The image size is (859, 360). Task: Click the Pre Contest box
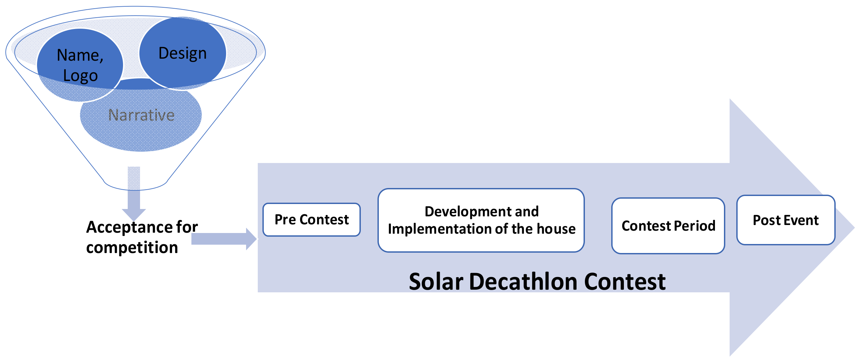(x=311, y=220)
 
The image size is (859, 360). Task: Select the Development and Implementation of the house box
(x=481, y=220)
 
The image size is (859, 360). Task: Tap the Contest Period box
(x=668, y=226)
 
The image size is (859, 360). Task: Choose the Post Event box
(x=786, y=220)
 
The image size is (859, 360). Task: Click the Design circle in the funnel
(x=182, y=53)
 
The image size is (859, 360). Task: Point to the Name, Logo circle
(x=80, y=65)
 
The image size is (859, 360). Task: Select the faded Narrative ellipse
(x=141, y=115)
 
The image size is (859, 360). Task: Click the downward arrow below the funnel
(x=134, y=193)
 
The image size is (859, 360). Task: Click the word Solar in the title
(x=436, y=282)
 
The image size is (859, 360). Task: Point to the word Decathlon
(x=524, y=282)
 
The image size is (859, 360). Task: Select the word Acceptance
(x=128, y=228)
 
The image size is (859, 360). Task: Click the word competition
(x=132, y=248)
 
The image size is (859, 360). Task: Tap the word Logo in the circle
(x=80, y=76)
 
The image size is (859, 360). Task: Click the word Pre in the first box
(x=285, y=220)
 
